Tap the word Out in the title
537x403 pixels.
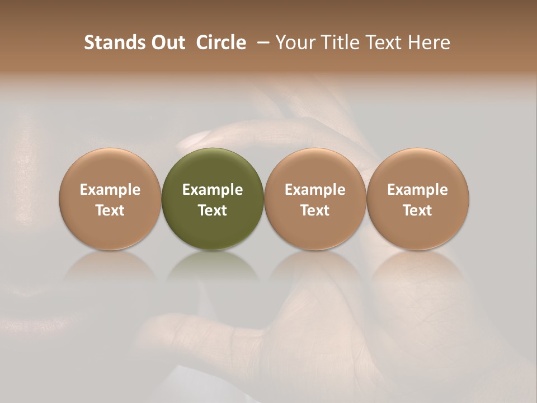coord(166,43)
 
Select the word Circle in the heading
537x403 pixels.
coord(221,43)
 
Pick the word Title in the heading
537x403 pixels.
coord(336,43)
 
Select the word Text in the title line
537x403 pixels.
coord(383,43)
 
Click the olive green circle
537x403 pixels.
coord(213,199)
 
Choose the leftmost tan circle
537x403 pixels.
coord(110,199)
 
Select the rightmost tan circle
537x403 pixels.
coord(418,199)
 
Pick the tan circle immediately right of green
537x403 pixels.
coord(315,199)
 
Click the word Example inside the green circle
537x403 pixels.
coord(213,190)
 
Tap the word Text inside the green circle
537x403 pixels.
coord(213,210)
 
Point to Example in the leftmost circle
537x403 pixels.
coord(110,190)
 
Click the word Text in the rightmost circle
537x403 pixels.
coord(418,210)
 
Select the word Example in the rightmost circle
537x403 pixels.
coord(418,190)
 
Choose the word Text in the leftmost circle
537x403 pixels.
coord(110,210)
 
